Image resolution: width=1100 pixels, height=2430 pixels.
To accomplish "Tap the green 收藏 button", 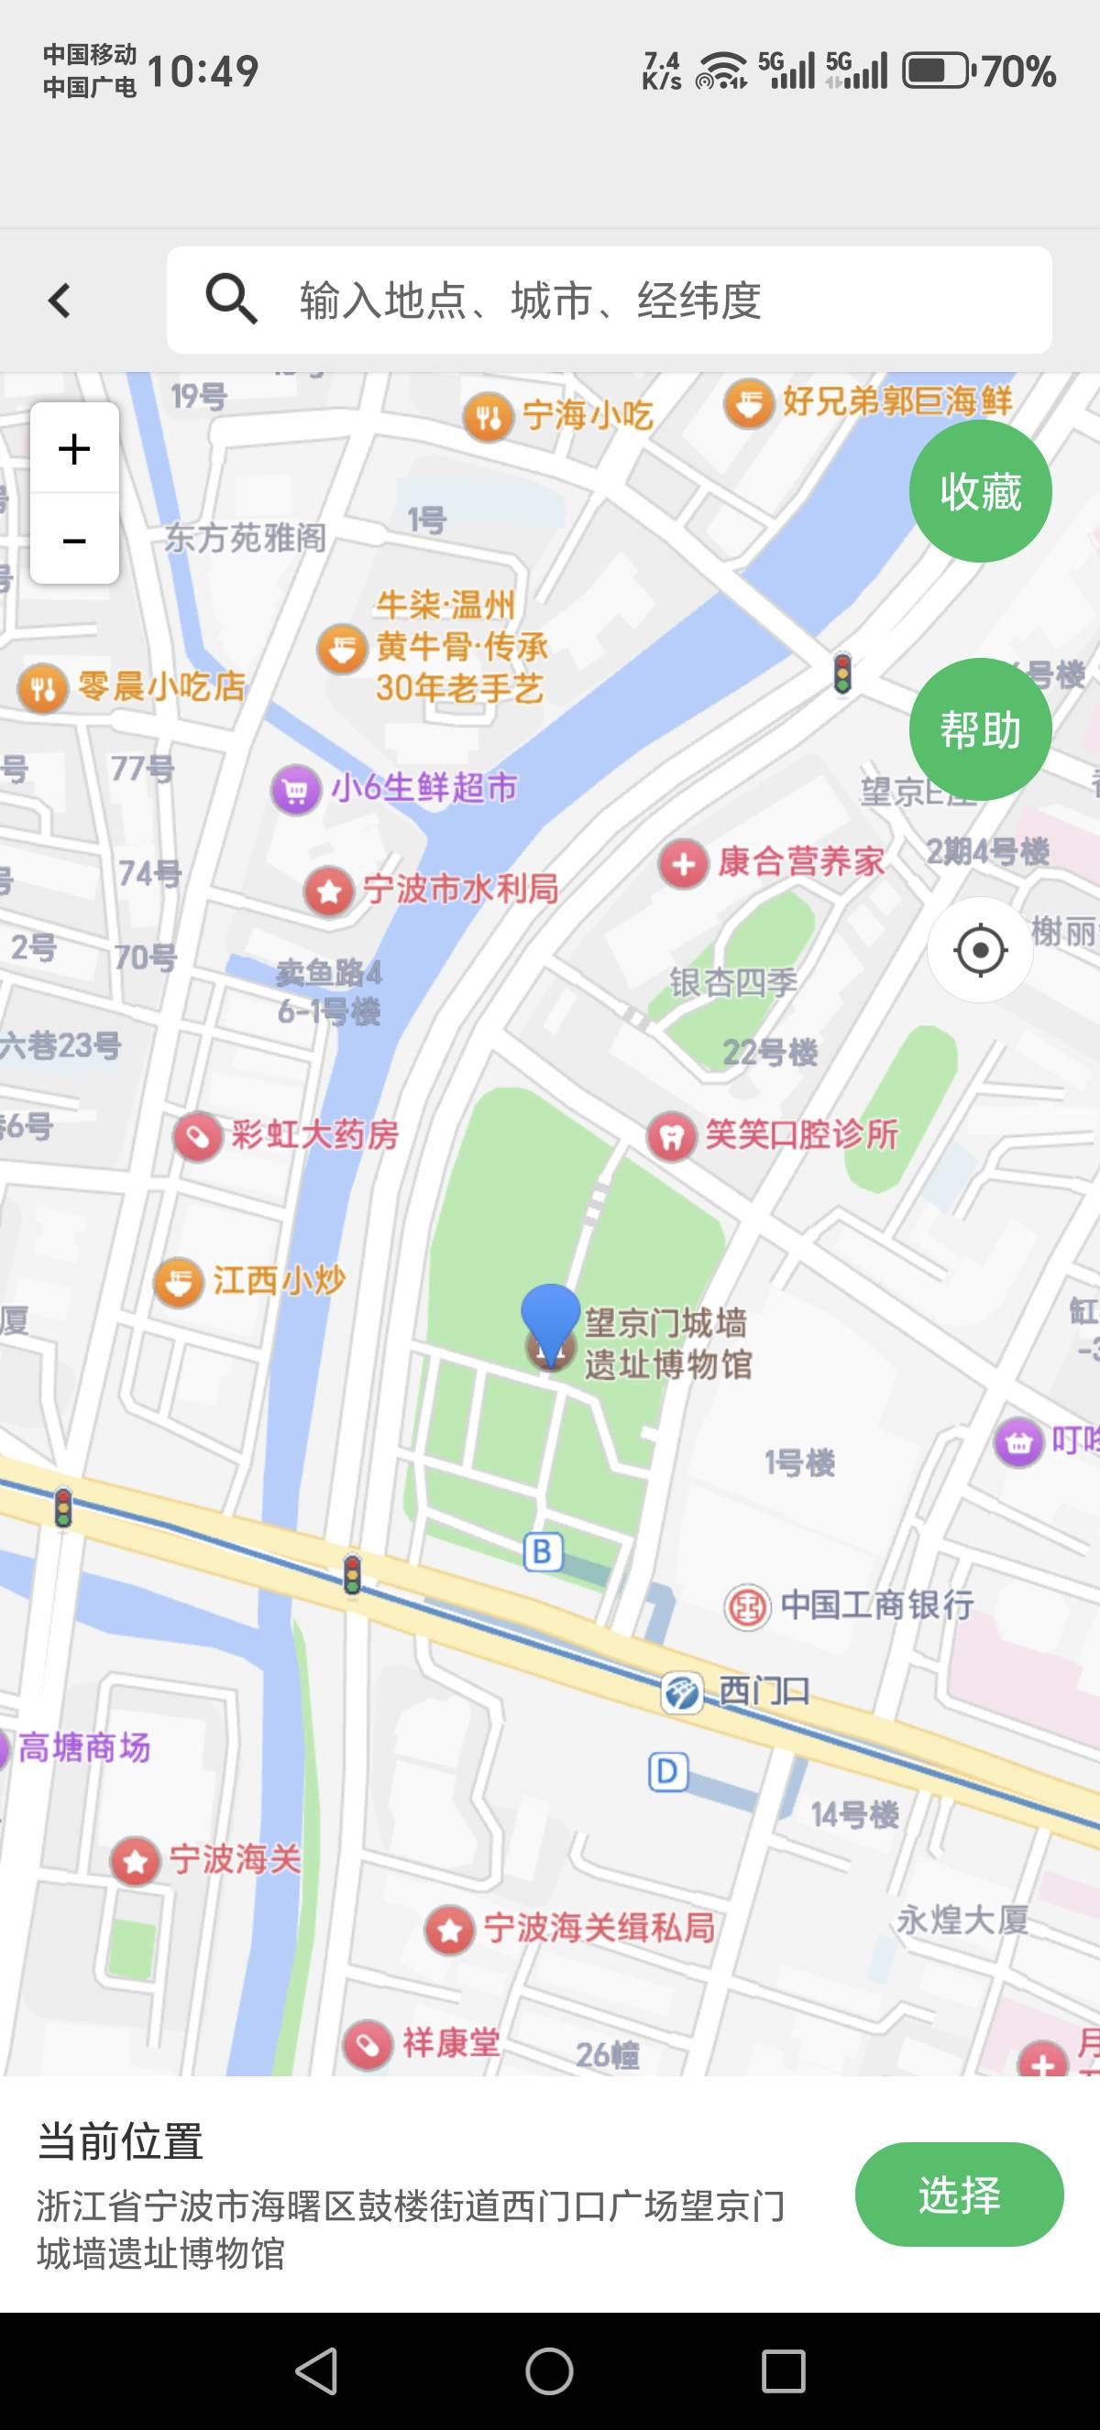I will [980, 491].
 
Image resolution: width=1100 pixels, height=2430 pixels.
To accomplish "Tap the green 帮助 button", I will [980, 729].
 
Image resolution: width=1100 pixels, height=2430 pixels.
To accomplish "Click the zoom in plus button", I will [74, 448].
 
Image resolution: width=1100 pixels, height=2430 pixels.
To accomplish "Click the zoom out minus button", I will [74, 540].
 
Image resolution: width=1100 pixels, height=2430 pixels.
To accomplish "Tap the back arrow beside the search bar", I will [60, 301].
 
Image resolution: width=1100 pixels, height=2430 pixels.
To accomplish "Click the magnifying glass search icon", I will [231, 300].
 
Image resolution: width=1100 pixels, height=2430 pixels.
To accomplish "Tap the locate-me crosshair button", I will [980, 949].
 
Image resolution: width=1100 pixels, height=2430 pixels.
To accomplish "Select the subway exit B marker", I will [543, 1552].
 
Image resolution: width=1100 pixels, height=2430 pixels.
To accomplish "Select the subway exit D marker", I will [667, 1771].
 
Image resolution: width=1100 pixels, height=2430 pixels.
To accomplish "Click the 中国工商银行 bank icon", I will [747, 1606].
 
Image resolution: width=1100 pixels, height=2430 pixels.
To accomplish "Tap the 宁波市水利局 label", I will [460, 889].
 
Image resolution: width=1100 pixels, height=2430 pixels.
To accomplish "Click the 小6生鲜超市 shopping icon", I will [295, 789].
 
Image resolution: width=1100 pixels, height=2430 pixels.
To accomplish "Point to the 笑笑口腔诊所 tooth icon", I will [671, 1136].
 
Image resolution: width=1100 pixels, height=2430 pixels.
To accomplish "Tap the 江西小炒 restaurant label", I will [279, 1280].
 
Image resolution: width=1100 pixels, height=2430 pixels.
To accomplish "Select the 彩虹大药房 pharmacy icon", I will [197, 1136].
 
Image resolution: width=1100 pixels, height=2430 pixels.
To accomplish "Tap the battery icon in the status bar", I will [936, 71].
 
